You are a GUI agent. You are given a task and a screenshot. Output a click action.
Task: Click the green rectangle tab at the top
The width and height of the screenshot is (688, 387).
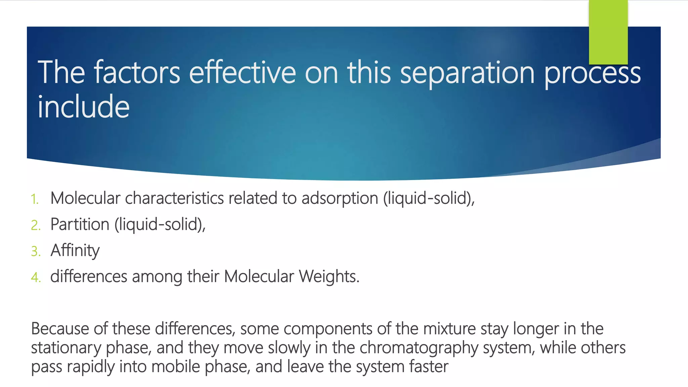pyautogui.click(x=608, y=32)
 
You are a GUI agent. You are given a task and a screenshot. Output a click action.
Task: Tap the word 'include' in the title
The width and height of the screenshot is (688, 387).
pyautogui.click(x=83, y=107)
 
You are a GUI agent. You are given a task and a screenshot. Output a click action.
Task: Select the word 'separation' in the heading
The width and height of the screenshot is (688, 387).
pyautogui.click(x=467, y=73)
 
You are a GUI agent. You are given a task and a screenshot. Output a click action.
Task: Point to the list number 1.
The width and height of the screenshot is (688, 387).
pyautogui.click(x=35, y=199)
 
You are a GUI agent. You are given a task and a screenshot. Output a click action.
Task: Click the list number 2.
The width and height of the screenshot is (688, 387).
pyautogui.click(x=36, y=225)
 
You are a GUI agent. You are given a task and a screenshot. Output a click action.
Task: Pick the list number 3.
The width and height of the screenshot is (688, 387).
pyautogui.click(x=36, y=251)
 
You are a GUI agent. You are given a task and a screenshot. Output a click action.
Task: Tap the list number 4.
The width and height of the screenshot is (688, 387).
pyautogui.click(x=36, y=277)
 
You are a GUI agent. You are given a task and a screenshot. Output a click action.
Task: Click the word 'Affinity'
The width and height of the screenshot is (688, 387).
pyautogui.click(x=75, y=251)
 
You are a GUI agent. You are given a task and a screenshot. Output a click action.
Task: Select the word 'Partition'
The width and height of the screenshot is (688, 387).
pyautogui.click(x=80, y=224)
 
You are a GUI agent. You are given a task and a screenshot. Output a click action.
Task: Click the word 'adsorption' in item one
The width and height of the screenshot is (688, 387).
pyautogui.click(x=340, y=198)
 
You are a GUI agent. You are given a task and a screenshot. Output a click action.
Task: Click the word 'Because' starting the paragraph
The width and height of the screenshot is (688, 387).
pyautogui.click(x=60, y=329)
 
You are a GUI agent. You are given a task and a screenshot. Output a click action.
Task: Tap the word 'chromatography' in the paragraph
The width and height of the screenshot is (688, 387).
pyautogui.click(x=419, y=348)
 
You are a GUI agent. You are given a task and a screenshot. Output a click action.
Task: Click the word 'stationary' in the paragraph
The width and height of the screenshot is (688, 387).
pyautogui.click(x=66, y=348)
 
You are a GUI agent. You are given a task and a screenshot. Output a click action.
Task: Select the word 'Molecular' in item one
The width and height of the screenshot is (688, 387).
pyautogui.click(x=85, y=198)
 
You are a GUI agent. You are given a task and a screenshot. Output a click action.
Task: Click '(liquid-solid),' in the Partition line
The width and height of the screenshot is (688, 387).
pyautogui.click(x=160, y=224)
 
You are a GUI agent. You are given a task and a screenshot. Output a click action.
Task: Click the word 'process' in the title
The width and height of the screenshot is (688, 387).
pyautogui.click(x=592, y=73)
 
